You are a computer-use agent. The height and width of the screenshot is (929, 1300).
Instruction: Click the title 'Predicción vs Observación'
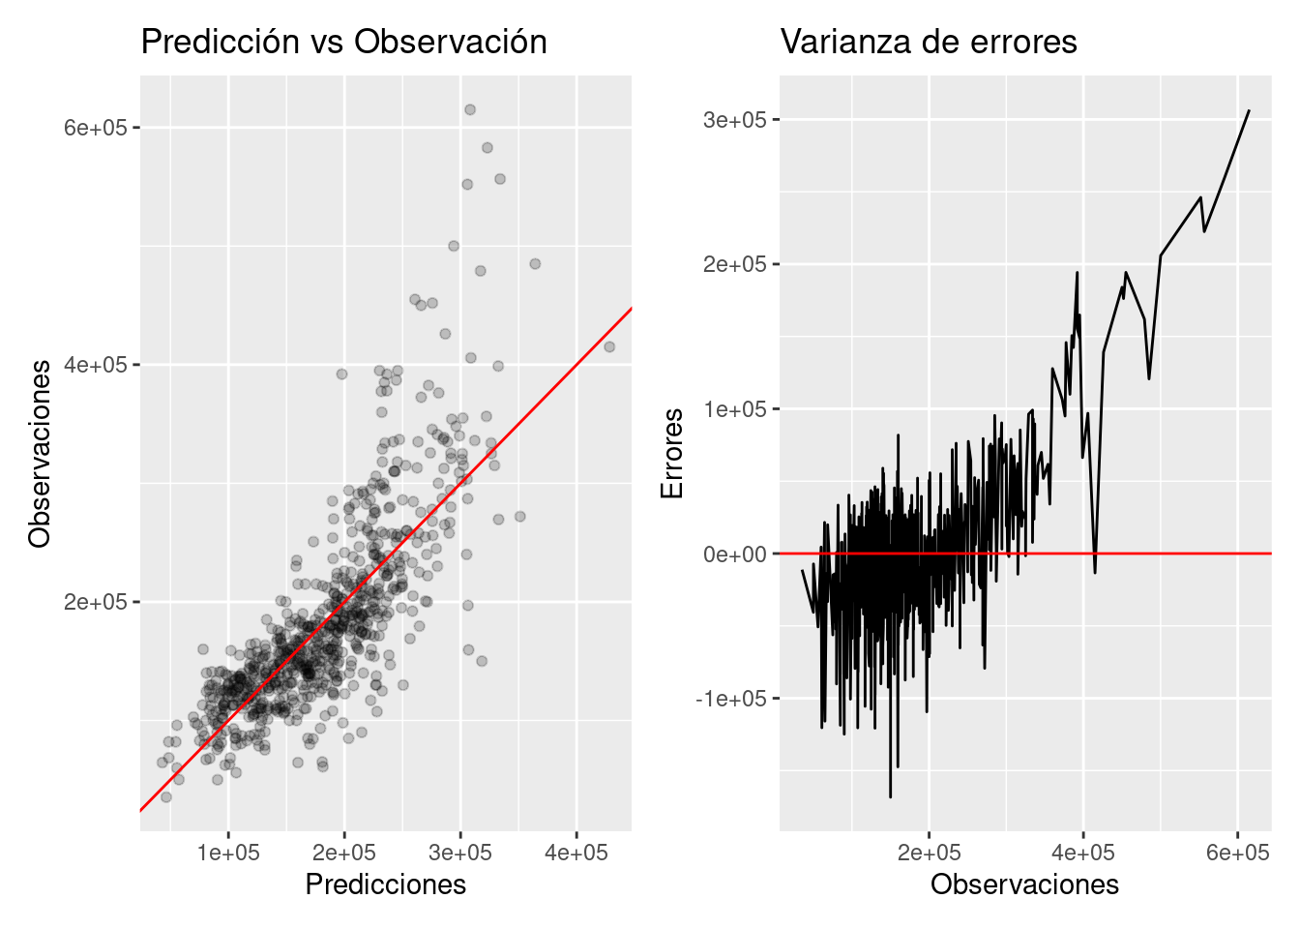[343, 42]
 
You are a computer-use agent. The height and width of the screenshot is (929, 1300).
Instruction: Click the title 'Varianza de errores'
[929, 42]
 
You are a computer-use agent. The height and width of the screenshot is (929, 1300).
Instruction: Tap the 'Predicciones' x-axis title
[385, 884]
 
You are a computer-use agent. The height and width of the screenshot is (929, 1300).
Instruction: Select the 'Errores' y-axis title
[672, 453]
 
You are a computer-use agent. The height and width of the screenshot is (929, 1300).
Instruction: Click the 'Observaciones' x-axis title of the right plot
[1024, 884]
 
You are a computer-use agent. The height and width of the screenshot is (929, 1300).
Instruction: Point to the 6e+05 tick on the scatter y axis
[95, 128]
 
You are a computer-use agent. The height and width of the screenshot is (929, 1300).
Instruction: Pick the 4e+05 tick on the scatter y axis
[95, 365]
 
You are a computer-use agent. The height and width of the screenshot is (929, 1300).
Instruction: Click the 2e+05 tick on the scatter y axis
[95, 602]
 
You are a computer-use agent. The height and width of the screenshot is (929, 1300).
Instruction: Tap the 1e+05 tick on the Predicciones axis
[228, 853]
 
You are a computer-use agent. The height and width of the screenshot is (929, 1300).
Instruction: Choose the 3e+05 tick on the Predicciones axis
[460, 853]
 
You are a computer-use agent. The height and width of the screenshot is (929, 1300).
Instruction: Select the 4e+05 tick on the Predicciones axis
[576, 853]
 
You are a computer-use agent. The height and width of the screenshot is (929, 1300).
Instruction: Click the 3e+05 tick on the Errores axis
[734, 120]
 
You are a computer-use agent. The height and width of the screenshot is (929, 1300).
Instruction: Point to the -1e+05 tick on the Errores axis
[730, 699]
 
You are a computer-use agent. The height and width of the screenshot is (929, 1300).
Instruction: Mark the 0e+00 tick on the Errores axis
[734, 554]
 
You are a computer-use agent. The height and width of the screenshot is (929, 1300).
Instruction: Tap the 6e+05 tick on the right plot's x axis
[1237, 853]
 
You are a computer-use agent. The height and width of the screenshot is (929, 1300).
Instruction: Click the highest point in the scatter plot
[470, 109]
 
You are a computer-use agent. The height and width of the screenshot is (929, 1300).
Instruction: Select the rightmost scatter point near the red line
[609, 346]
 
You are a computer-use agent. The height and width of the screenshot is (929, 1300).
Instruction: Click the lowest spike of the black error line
[890, 796]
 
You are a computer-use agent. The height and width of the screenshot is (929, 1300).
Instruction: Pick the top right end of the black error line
[1249, 110]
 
